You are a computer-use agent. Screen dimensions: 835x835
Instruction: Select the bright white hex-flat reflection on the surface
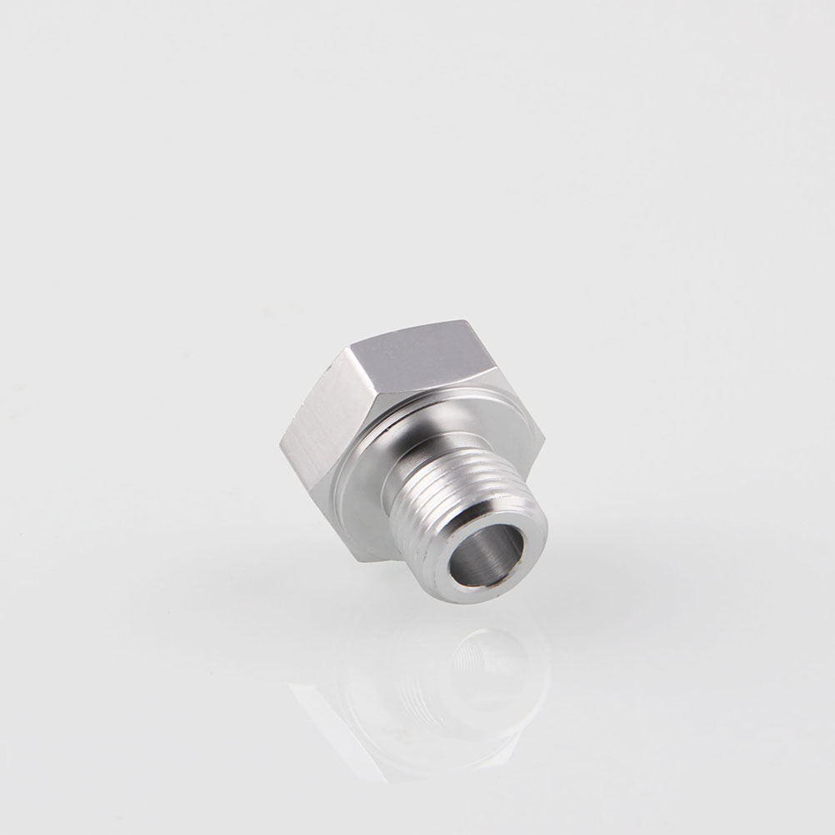(x=333, y=717)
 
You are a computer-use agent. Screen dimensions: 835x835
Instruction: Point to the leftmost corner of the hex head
(x=280, y=441)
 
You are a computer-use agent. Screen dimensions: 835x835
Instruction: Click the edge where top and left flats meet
(x=367, y=400)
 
